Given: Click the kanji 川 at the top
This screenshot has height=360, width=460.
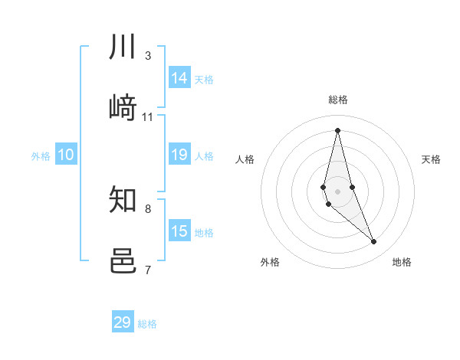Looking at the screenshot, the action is pos(123,48).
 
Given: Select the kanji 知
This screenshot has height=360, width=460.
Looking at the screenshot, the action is pos(123,201).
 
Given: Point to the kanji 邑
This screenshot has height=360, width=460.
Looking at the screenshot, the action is pos(123,261).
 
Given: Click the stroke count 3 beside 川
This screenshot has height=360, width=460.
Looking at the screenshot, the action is pos(147,55).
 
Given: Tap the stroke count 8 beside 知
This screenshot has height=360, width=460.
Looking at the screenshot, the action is pos(147,208).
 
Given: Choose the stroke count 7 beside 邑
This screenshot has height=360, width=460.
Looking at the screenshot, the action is pos(147,269).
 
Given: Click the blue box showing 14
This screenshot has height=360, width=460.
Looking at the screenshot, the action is pos(179,78).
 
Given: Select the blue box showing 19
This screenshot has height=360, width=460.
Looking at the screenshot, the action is pos(179,155).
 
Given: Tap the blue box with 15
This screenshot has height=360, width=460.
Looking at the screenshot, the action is pos(179,231).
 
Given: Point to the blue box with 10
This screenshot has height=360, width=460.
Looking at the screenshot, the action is pos(66,155).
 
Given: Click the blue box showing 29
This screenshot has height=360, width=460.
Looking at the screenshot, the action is pos(123,322).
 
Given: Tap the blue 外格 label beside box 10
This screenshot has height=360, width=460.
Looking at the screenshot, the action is pos(41,156).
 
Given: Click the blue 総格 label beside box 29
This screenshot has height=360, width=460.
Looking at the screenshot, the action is pos(147,324).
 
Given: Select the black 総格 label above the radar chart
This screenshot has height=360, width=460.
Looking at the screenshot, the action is pos(337,100).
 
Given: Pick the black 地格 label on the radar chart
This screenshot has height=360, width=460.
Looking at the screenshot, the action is pos(402,262).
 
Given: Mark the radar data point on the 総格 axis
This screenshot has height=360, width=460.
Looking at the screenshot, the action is pos(337,130).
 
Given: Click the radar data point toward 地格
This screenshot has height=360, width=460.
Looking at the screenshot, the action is pos(374,242).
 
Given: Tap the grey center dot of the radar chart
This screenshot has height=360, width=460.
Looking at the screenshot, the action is pos(337,191).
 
